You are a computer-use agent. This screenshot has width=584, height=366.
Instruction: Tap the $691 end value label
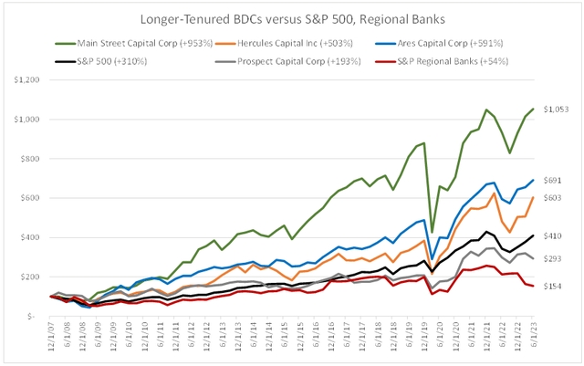[552, 180]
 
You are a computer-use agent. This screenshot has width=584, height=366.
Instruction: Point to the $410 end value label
[552, 235]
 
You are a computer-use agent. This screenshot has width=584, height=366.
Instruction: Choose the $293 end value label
[552, 259]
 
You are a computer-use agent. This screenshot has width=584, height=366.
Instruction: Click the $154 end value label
[552, 287]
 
